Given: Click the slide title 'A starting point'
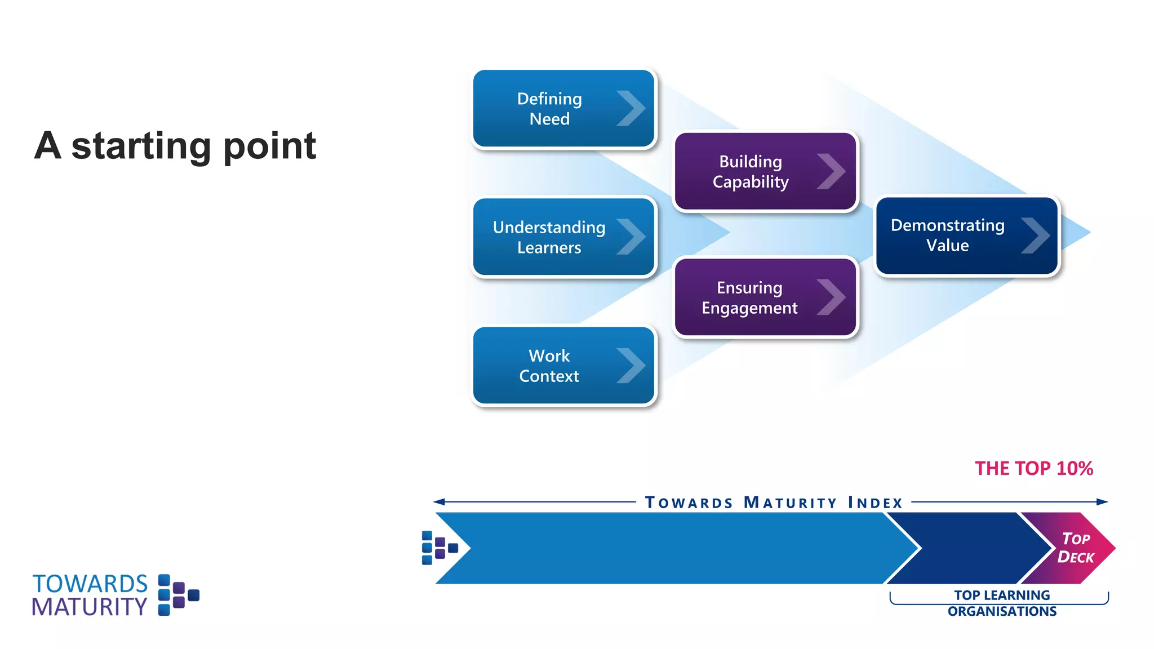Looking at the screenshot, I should (x=175, y=146).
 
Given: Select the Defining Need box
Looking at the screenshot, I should (x=563, y=109).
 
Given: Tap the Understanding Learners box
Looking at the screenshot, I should (x=563, y=237).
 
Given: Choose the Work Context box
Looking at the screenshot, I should (x=563, y=366).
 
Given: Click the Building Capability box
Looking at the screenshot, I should (x=765, y=172).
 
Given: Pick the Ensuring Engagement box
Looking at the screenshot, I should (x=765, y=297).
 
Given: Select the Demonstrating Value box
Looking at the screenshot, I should (x=966, y=235).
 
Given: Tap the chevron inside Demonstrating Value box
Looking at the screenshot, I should (x=1035, y=235).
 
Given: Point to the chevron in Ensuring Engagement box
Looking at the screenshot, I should (x=831, y=297).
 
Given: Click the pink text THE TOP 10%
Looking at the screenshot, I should (x=1033, y=468).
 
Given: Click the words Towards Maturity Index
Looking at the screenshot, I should (x=774, y=502).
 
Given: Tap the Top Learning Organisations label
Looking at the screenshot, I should (x=1001, y=603).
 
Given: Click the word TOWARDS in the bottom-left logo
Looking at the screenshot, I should (x=90, y=584).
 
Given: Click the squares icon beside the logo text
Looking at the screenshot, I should (x=178, y=595).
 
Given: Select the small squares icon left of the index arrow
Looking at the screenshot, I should (x=439, y=548).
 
